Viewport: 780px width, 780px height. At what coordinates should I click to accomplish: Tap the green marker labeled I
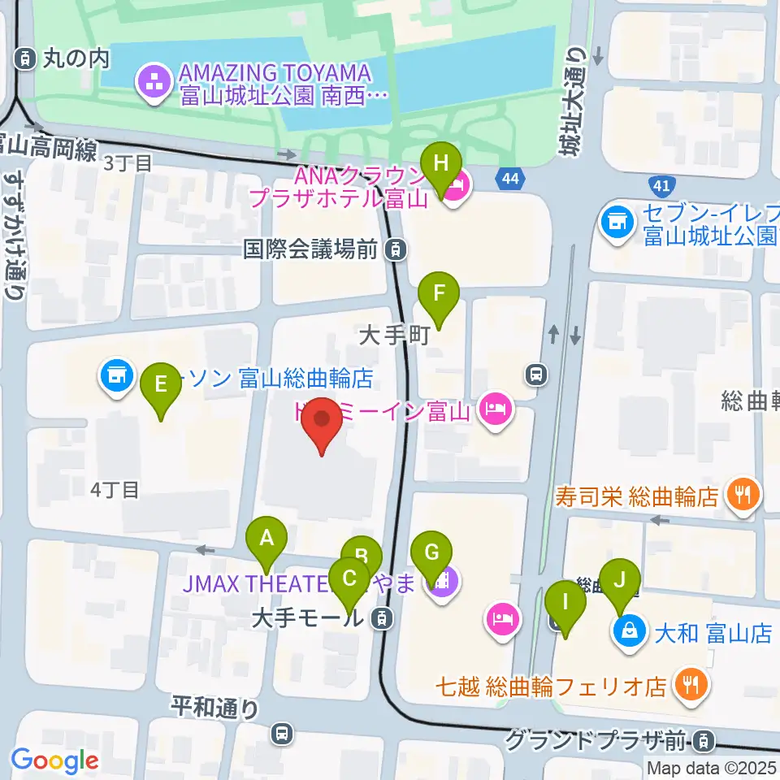point(565,604)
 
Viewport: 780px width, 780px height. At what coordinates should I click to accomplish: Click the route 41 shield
point(660,186)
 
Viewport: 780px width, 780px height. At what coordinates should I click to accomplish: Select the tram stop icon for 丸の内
point(26,58)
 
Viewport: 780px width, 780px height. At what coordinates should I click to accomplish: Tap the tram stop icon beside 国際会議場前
point(395,249)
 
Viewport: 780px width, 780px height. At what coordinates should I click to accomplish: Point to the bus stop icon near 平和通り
point(281,733)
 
